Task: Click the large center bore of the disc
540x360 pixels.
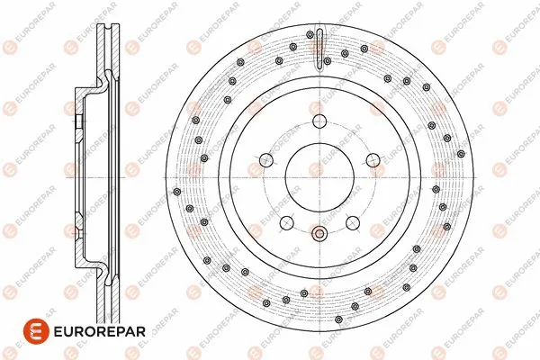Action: [319, 178]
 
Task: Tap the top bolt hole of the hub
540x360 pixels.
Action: [319, 123]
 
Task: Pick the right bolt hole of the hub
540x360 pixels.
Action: [372, 160]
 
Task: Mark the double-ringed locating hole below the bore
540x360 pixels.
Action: [319, 235]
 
